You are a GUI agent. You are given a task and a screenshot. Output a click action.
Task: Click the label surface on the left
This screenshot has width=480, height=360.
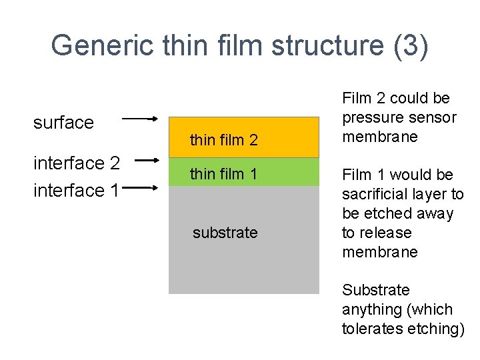(x=63, y=123)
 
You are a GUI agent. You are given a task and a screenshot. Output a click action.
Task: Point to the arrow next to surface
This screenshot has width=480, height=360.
(x=141, y=119)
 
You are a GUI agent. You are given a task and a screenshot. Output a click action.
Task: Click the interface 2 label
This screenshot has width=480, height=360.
(x=77, y=163)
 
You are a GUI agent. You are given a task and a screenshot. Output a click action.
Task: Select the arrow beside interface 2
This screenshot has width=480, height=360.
(x=141, y=160)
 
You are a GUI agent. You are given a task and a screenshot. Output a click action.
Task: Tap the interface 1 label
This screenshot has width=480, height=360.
(x=77, y=190)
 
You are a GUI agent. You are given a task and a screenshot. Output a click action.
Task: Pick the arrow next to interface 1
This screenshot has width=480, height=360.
(x=141, y=189)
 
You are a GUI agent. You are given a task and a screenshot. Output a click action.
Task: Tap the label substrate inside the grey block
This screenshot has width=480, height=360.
(x=225, y=233)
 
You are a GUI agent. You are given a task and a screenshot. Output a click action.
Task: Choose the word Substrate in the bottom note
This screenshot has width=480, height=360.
(x=375, y=290)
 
